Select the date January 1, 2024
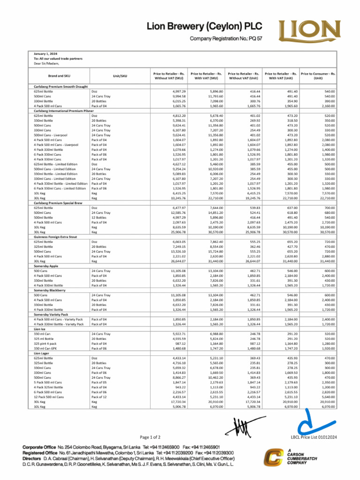(45, 54)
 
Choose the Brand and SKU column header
(59, 75)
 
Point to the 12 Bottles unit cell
(99, 217)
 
